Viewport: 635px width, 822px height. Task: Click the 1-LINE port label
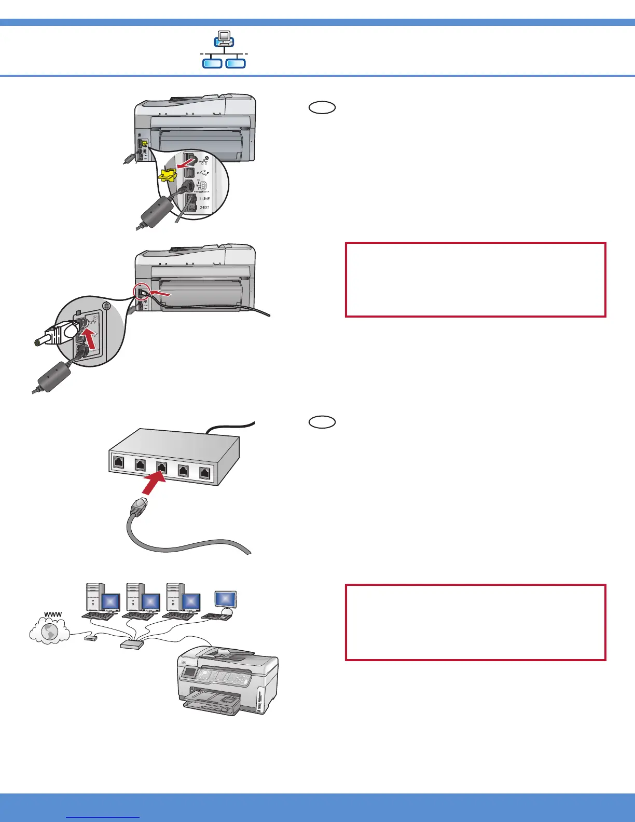pos(204,199)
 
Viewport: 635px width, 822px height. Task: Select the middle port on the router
pos(161,467)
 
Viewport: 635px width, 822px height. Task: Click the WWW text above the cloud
pos(53,614)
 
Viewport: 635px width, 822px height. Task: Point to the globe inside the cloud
pos(50,632)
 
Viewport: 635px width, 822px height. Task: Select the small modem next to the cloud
pos(90,638)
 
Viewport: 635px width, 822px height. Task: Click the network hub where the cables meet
pos(132,644)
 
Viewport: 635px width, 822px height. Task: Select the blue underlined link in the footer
pos(103,817)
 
